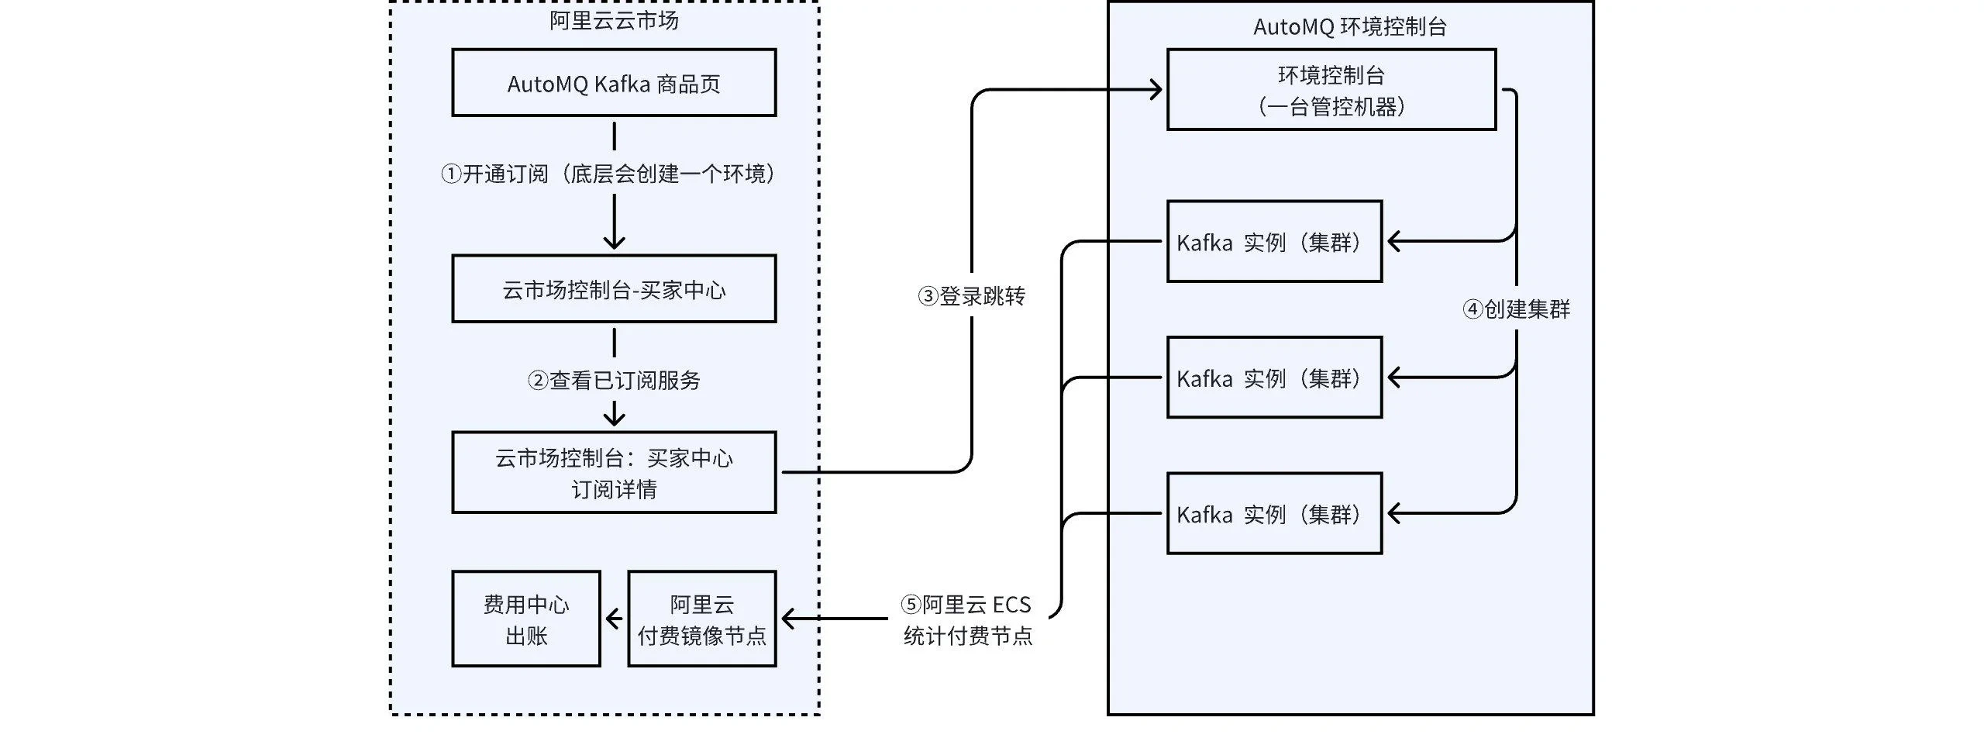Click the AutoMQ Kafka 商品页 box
click(x=614, y=83)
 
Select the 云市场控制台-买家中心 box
click(x=614, y=289)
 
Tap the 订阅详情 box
click(x=614, y=472)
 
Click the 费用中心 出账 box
click(x=526, y=619)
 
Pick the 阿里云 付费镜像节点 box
click(x=701, y=619)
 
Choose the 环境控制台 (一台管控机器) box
click(x=1331, y=90)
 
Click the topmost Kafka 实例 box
click(x=1274, y=242)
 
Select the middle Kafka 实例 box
click(x=1274, y=378)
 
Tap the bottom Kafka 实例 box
click(x=1274, y=513)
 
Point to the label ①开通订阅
click(x=609, y=174)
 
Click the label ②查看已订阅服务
click(x=614, y=380)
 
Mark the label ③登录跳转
click(x=971, y=295)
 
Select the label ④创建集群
click(x=1516, y=309)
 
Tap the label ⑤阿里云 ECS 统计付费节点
click(x=967, y=619)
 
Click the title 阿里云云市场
click(x=614, y=21)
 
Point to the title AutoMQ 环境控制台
click(x=1350, y=27)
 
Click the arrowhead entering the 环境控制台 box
click(x=1156, y=90)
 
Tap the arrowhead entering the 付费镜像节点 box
click(x=789, y=619)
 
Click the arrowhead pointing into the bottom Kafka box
click(x=1393, y=513)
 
